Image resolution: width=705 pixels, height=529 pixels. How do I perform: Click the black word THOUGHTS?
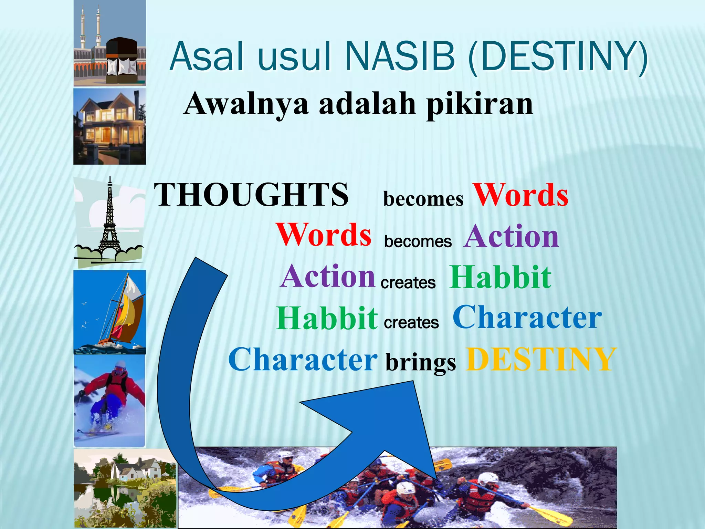251,195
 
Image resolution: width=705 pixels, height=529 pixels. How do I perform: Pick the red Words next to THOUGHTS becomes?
520,195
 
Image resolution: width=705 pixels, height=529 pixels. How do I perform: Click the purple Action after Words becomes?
512,236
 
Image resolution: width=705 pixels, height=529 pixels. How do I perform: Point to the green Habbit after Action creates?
501,278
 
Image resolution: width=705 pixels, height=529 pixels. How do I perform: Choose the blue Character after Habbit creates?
527,318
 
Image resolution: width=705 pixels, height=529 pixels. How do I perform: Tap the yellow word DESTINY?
540,359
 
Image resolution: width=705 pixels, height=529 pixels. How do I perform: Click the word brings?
421,362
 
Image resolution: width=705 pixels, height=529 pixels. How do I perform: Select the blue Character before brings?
303,360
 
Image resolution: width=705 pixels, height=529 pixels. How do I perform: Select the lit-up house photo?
109,126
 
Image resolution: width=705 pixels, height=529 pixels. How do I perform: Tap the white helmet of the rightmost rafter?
488,479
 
